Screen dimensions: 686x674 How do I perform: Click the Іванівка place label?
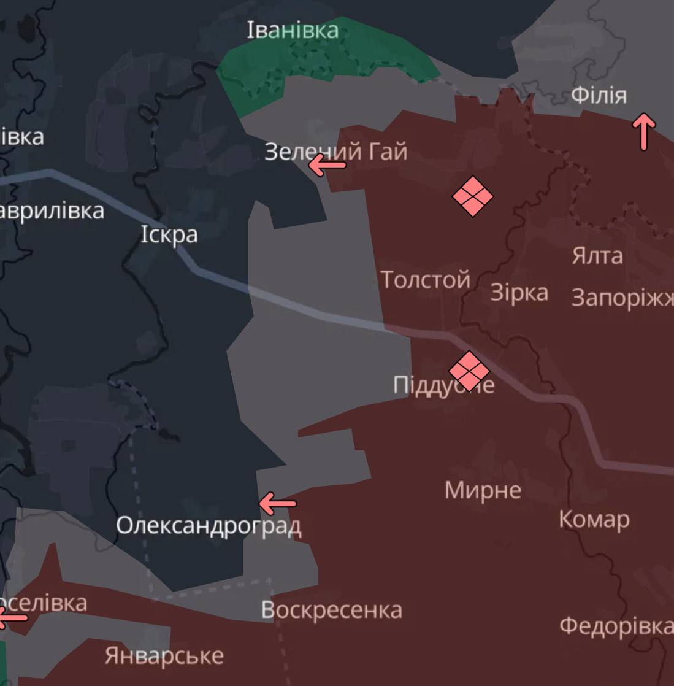click(x=293, y=30)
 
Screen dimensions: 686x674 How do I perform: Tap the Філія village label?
click(x=599, y=96)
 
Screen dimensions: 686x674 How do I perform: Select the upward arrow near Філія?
click(x=643, y=131)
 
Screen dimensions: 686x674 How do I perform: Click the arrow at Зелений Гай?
click(x=327, y=165)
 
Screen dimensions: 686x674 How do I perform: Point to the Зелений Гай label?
click(x=335, y=151)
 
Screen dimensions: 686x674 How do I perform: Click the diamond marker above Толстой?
click(x=472, y=196)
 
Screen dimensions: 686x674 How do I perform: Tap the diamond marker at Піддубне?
click(x=469, y=371)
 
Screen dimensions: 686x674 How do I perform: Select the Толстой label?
click(x=425, y=280)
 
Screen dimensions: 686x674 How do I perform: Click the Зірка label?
click(x=519, y=293)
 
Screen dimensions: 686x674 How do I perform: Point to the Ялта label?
click(x=597, y=255)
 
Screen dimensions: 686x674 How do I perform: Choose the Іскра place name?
click(x=169, y=234)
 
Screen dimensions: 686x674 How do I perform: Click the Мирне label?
click(x=483, y=490)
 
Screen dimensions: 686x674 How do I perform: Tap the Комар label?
click(x=594, y=520)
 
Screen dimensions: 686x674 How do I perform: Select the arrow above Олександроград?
click(x=277, y=504)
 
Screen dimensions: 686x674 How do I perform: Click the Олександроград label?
click(x=209, y=526)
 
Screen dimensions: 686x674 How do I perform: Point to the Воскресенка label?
click(x=332, y=610)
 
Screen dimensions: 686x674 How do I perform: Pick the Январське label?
click(x=164, y=656)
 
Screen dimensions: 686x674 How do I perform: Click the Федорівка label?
click(x=616, y=626)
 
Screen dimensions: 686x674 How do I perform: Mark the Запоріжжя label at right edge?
click(x=622, y=298)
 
